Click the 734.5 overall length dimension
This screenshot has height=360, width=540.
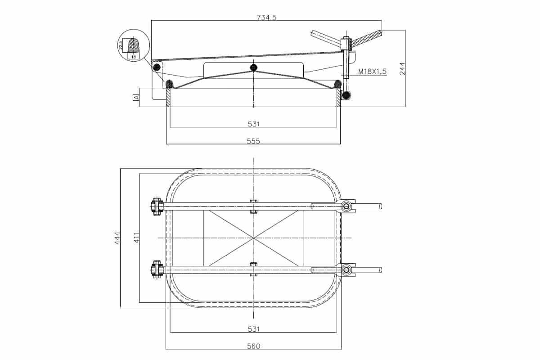[x=266, y=18]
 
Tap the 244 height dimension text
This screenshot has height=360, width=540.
[x=402, y=68]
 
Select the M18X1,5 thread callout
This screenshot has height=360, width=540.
[x=372, y=72]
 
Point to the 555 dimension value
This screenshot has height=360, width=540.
[x=253, y=141]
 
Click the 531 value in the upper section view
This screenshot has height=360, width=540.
[x=253, y=124]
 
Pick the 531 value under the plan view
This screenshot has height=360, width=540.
[x=253, y=329]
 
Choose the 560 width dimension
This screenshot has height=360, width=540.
[x=253, y=346]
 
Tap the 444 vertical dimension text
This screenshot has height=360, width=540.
[x=117, y=238]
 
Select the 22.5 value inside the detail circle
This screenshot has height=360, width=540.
[x=121, y=45]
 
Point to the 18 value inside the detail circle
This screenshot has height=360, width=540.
[x=134, y=57]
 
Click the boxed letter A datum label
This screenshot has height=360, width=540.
[x=135, y=97]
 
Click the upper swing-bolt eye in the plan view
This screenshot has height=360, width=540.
[x=346, y=206]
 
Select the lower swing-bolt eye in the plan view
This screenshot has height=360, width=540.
[x=346, y=270]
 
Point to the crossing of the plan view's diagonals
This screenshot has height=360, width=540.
[x=254, y=238]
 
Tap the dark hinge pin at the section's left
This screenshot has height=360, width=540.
[x=156, y=68]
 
